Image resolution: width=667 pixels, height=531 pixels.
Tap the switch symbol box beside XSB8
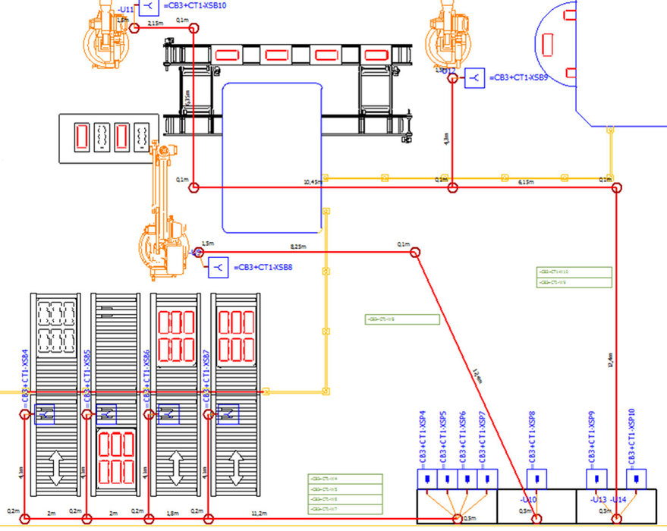coord(219,267)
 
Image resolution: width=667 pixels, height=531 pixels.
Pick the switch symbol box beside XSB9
coord(475,77)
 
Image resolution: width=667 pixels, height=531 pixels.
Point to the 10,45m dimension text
coord(311,182)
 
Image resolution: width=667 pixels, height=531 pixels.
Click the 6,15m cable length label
coord(526,182)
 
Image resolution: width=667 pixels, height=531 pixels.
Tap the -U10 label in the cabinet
coord(528,500)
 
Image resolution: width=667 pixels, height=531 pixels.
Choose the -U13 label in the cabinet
coord(599,500)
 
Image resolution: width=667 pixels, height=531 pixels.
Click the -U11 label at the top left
coord(126,10)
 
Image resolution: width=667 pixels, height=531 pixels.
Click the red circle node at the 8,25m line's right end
coord(414,251)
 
